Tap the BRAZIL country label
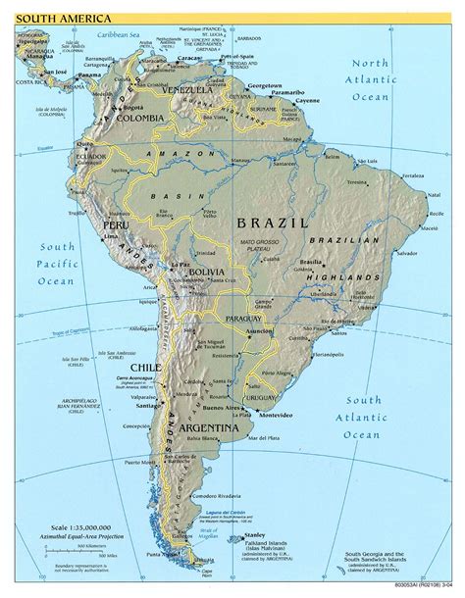pyautogui.click(x=272, y=224)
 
